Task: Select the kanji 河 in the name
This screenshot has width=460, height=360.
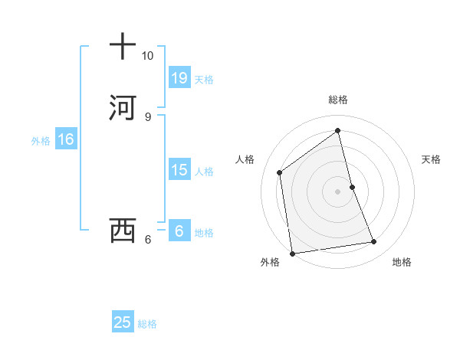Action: [122, 107]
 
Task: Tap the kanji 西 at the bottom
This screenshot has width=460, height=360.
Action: [122, 230]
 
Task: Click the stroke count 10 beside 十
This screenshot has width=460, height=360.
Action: [147, 56]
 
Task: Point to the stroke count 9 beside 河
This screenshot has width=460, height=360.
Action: [147, 116]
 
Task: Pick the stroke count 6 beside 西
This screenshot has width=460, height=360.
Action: [147, 239]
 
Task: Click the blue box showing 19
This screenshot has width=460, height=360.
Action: [179, 78]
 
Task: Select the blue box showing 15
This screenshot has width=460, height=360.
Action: [179, 170]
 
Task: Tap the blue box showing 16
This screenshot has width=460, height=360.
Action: [66, 139]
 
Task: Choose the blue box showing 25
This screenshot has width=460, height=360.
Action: [123, 322]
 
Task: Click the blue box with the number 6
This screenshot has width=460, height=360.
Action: [179, 231]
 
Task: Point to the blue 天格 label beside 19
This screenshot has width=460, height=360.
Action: [204, 80]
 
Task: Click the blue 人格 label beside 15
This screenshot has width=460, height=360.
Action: [204, 172]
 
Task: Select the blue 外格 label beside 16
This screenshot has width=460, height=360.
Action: [41, 141]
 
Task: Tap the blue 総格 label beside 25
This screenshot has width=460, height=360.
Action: [147, 324]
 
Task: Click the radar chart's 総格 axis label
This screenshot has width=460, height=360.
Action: [338, 100]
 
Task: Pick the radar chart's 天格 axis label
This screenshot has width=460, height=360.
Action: [432, 159]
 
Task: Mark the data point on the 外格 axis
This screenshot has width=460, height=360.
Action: [291, 253]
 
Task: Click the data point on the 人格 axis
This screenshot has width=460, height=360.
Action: [280, 172]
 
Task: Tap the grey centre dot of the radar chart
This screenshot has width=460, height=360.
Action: [338, 191]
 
